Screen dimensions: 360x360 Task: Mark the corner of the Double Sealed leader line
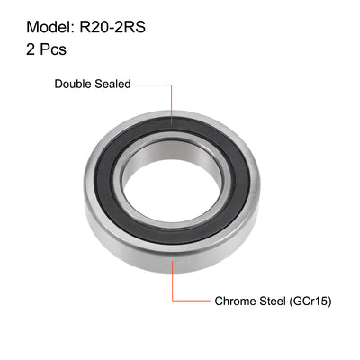tap(171, 84)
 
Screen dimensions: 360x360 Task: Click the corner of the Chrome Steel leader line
tap(171, 301)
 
